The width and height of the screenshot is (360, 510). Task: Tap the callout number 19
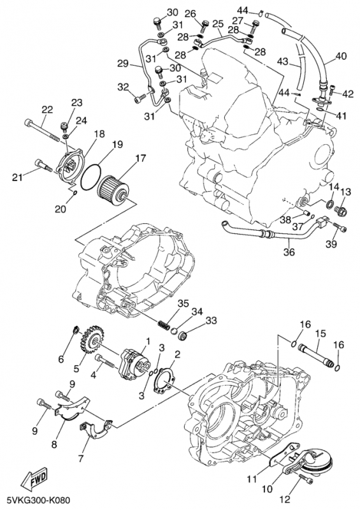pyautogui.click(x=118, y=145)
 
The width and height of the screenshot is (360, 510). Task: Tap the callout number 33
pyautogui.click(x=211, y=320)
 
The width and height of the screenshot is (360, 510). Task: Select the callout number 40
pyautogui.click(x=341, y=55)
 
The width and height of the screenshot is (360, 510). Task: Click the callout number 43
pyautogui.click(x=283, y=62)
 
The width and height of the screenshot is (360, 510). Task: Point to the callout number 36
pyautogui.click(x=289, y=252)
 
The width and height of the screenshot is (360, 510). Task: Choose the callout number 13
pyautogui.click(x=347, y=192)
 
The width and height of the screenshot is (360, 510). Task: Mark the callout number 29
pyautogui.click(x=122, y=64)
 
